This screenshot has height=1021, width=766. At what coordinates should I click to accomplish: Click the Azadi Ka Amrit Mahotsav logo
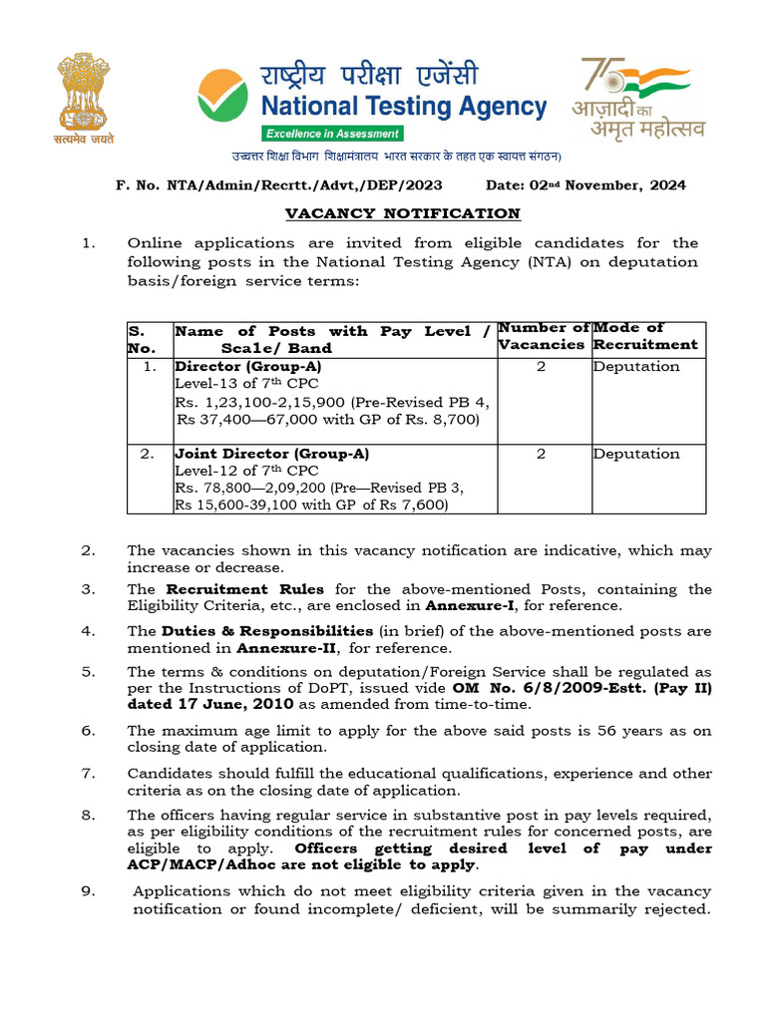point(642,98)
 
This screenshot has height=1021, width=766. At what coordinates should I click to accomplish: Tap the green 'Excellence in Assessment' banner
point(332,134)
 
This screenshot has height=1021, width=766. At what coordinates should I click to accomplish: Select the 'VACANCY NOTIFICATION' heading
point(402,213)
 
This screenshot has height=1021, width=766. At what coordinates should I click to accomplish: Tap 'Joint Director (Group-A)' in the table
point(271,454)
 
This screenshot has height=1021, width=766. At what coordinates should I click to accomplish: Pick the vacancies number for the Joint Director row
point(541,454)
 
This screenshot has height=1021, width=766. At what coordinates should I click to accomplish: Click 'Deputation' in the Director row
point(636,366)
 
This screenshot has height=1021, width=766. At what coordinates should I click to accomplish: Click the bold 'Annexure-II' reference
point(278,647)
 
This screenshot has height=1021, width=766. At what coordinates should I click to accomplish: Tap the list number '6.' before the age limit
point(89,731)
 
